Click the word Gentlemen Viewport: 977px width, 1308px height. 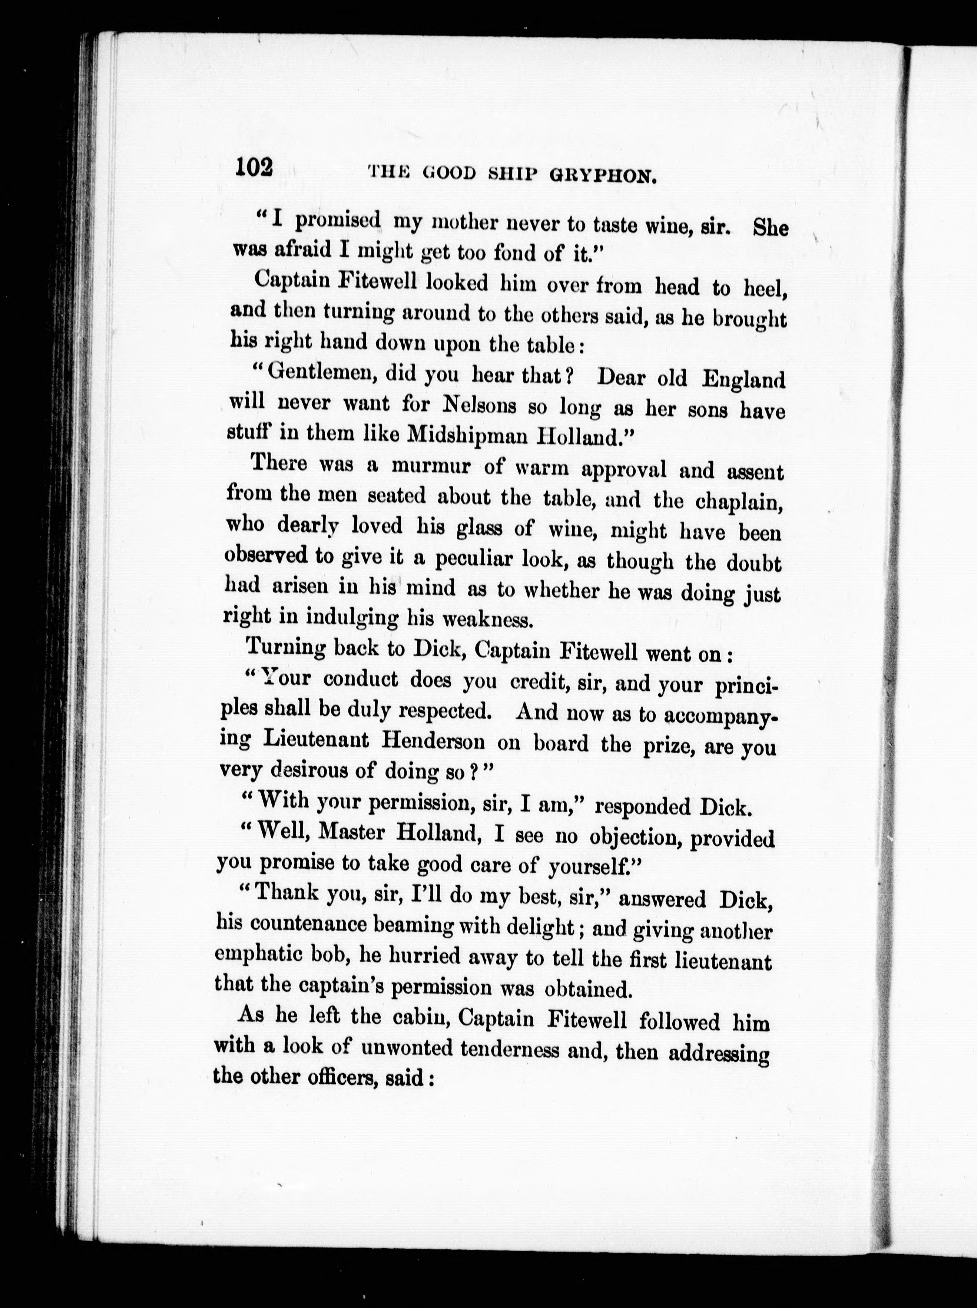click(317, 373)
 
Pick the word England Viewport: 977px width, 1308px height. click(743, 380)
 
